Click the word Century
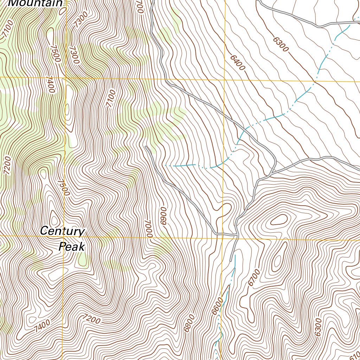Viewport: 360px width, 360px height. [62, 231]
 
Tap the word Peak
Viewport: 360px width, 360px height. [72, 247]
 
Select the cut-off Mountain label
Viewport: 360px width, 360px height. [35, 3]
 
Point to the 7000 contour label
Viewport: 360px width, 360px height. [149, 229]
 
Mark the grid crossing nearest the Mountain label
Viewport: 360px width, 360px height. [65, 77]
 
